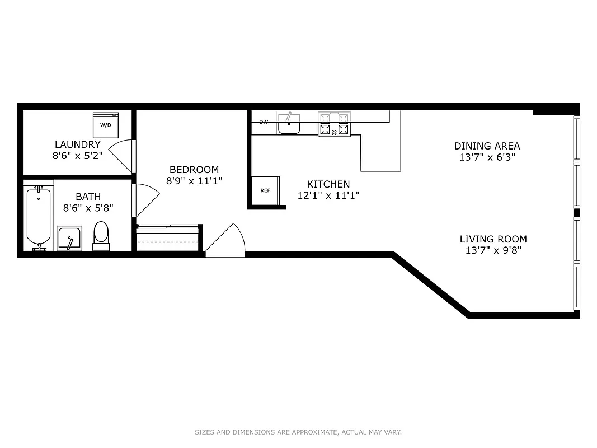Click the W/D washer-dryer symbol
(x=106, y=124)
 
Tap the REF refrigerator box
(x=265, y=190)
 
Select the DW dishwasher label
(x=264, y=122)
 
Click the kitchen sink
(x=289, y=124)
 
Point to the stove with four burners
(x=334, y=124)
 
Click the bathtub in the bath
(x=39, y=218)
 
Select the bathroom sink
(x=69, y=238)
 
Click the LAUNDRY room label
(x=78, y=144)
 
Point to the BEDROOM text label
(x=194, y=170)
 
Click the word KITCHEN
(x=328, y=184)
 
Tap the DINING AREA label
(x=487, y=146)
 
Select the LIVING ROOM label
(x=493, y=239)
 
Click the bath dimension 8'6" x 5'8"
(x=88, y=208)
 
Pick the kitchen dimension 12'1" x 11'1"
(x=328, y=195)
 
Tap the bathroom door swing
(x=147, y=199)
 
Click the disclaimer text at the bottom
(x=298, y=432)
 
